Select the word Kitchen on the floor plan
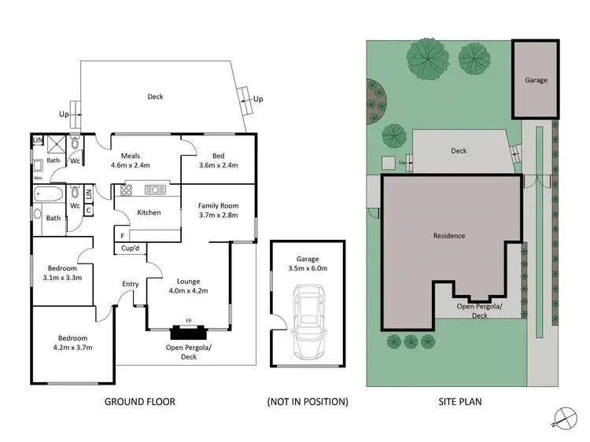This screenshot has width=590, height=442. tap(149, 212)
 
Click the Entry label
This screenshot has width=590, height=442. tap(131, 284)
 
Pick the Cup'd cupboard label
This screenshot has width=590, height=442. tap(131, 249)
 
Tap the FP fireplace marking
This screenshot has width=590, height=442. tap(188, 321)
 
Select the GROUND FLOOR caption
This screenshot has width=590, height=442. tap(139, 402)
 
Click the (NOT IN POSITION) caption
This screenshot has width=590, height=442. tap(307, 402)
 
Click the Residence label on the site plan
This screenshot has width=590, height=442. tap(449, 235)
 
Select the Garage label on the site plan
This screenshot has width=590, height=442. tap(536, 79)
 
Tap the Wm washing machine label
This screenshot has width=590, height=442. tap(37, 178)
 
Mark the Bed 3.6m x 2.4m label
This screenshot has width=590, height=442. tap(219, 160)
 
